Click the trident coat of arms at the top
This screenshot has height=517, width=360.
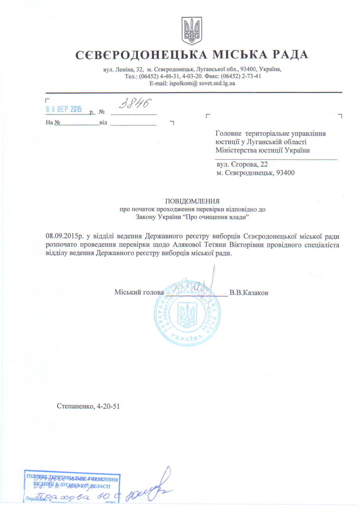pyautogui.click(x=192, y=31)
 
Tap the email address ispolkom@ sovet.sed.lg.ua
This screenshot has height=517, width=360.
pyautogui.click(x=202, y=83)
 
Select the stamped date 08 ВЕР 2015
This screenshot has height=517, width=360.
pyautogui.click(x=64, y=110)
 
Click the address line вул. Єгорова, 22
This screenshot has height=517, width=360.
pyautogui.click(x=242, y=164)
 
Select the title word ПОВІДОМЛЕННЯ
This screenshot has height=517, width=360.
pyautogui.click(x=192, y=201)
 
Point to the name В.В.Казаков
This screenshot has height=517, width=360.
pyautogui.click(x=249, y=292)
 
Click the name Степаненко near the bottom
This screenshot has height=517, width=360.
pyautogui.click(x=75, y=406)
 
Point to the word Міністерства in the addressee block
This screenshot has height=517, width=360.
pyautogui.click(x=236, y=150)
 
